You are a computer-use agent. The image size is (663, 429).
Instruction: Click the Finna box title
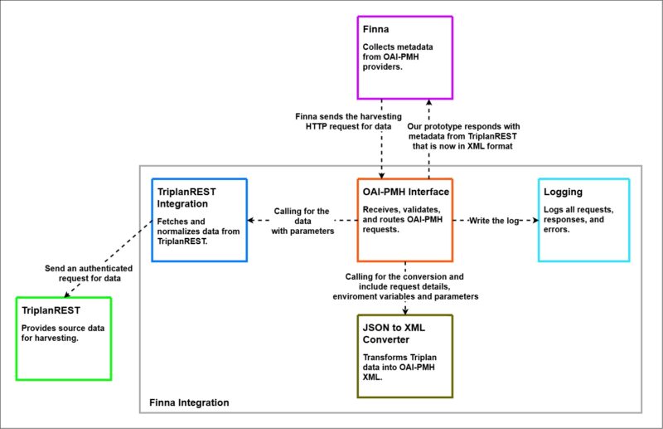[x=375, y=29]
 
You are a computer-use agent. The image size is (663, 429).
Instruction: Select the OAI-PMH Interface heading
[x=405, y=192]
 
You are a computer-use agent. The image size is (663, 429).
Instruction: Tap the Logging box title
[x=563, y=193]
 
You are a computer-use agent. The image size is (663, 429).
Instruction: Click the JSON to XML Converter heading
[x=394, y=334]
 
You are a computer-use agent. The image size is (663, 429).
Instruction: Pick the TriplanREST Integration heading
[x=186, y=197]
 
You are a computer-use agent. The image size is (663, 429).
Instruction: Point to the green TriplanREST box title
[x=51, y=310]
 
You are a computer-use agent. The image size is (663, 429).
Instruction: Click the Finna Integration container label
[x=189, y=402]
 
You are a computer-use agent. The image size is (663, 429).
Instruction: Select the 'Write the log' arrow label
[x=494, y=221]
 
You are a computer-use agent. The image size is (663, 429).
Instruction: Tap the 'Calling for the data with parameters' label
[x=302, y=221]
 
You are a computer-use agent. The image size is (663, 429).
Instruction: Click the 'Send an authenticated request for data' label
[x=89, y=273]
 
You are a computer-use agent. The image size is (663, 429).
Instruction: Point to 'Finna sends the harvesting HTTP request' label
[x=348, y=121]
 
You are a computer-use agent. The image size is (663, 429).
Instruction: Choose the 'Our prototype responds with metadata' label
[x=463, y=136]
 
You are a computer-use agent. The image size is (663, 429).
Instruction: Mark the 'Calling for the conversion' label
[x=405, y=286]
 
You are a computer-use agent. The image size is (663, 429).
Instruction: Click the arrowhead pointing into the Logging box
[x=535, y=220]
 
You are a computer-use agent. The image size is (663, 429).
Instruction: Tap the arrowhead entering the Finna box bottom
[x=428, y=103]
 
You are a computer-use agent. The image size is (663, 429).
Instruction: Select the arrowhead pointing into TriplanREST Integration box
[x=250, y=220]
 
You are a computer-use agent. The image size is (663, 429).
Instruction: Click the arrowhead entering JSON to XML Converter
[x=405, y=312]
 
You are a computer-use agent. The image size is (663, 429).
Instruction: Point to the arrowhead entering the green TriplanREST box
[x=66, y=295]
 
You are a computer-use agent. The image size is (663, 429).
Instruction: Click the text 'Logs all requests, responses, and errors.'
[x=578, y=219]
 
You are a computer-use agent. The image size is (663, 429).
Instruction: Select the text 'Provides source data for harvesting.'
[x=63, y=333]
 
